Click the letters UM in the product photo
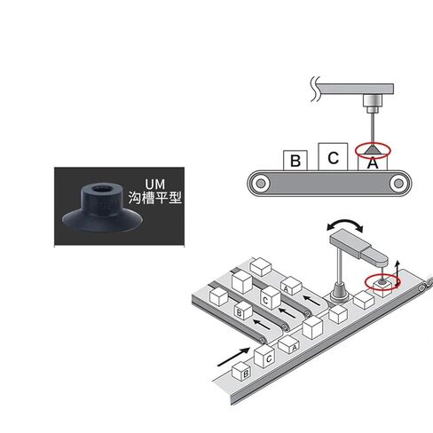pos(154,185)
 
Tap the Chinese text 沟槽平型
pos(154,198)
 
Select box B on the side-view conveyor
pos(295,161)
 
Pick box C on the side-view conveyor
pos(333,157)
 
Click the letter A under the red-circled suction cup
pos(373,163)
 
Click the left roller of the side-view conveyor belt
pos(261,184)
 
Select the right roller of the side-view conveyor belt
pos(398,184)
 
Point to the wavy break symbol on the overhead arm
pos(315,89)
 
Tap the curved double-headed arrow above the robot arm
pos(345,224)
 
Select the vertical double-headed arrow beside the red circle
pos(398,274)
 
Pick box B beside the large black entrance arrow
pos(241,371)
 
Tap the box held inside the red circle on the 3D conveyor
pos(383,287)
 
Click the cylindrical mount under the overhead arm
pos(373,104)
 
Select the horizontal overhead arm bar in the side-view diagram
pos(355,89)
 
